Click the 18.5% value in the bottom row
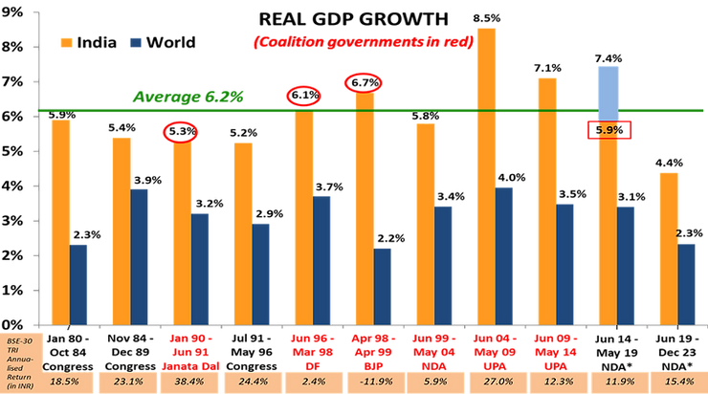point(62,381)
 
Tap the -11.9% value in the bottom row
point(367,381)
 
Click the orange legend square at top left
point(65,43)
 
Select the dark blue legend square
point(134,43)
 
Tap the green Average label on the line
point(189,96)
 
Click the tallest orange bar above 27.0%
point(488,172)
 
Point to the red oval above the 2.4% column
point(302,94)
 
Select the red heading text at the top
point(364,42)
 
